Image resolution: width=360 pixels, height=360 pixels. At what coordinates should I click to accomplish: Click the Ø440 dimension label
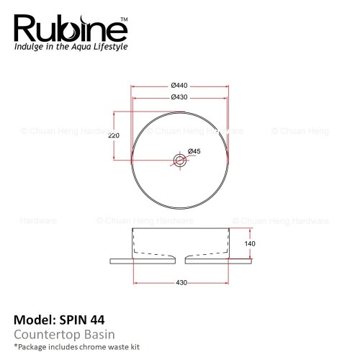(x=179, y=86)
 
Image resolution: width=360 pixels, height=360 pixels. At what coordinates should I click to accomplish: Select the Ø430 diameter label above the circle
(x=179, y=97)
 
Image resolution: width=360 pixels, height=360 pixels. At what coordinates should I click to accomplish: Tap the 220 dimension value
(x=114, y=135)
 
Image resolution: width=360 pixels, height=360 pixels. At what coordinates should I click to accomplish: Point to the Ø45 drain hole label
(x=194, y=151)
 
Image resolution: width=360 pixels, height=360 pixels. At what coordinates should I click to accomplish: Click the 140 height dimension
(x=250, y=244)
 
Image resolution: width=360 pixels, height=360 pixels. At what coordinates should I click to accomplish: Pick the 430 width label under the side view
(x=181, y=282)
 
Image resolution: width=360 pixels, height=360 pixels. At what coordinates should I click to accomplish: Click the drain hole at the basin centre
(x=180, y=160)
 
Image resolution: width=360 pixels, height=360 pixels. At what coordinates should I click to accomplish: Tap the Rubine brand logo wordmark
(x=71, y=28)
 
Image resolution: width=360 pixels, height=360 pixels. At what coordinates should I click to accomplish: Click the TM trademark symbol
(x=124, y=19)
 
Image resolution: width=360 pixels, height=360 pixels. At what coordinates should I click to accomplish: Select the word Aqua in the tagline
(x=81, y=47)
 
